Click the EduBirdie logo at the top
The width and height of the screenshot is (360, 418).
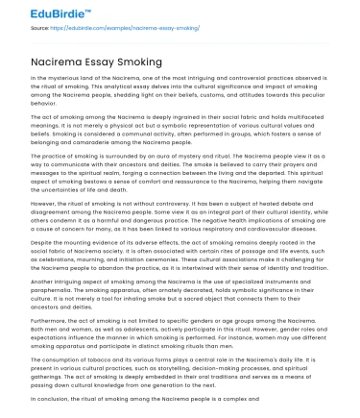pos(38,13)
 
